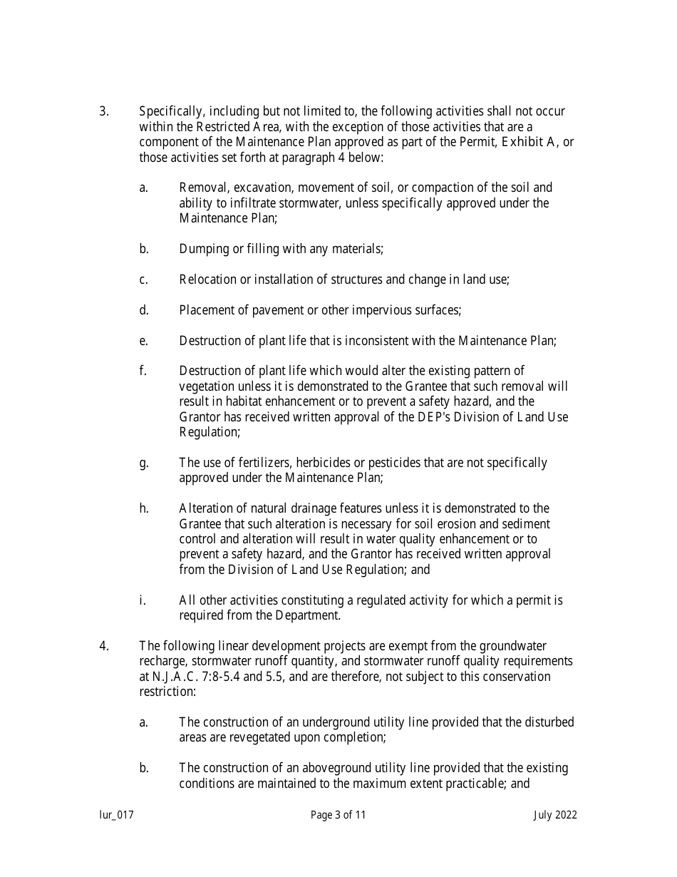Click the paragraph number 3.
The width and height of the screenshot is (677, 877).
(x=103, y=112)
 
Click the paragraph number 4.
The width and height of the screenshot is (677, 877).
(x=103, y=646)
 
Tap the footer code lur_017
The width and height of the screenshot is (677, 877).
(x=117, y=815)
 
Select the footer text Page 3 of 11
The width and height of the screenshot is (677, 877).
(x=338, y=815)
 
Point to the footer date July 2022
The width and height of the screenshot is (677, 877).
(x=555, y=815)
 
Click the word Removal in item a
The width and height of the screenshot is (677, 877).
(x=202, y=188)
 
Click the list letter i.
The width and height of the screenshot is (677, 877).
(x=143, y=600)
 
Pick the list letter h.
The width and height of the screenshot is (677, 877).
(x=144, y=509)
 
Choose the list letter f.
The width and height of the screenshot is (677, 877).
(x=143, y=371)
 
